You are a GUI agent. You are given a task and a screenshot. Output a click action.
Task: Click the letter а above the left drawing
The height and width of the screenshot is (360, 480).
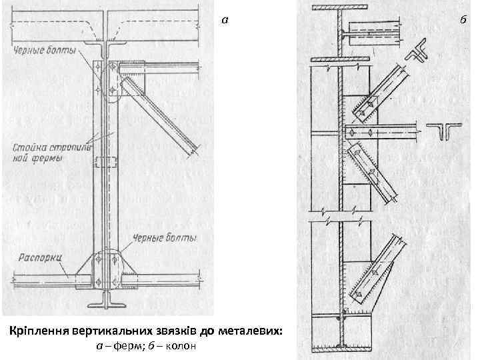click(225, 20)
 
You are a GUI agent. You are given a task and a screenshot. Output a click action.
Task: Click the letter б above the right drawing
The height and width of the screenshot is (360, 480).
click(462, 20)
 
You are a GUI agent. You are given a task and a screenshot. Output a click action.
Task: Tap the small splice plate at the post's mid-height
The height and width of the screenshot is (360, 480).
click(105, 163)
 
